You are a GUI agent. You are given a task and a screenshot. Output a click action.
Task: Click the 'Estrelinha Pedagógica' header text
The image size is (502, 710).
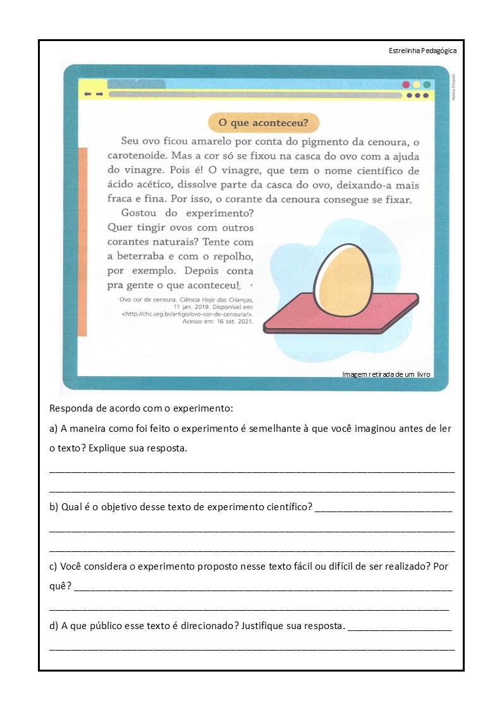click(x=422, y=51)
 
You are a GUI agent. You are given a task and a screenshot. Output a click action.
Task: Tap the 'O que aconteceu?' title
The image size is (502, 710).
click(x=264, y=123)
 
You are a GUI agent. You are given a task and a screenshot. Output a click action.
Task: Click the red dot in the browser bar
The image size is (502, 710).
click(x=406, y=85)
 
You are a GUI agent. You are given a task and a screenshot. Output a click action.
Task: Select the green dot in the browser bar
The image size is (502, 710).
click(x=427, y=85)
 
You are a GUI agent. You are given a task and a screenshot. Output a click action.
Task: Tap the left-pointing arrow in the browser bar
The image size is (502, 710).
click(x=88, y=94)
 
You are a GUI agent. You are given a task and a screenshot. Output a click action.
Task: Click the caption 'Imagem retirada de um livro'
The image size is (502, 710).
click(x=386, y=374)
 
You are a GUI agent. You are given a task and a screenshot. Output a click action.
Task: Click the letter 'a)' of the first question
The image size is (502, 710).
click(x=54, y=429)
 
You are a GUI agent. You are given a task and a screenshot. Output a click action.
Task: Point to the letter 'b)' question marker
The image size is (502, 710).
click(x=54, y=507)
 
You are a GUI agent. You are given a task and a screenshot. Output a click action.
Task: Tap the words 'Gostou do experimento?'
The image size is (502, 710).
click(x=187, y=213)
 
